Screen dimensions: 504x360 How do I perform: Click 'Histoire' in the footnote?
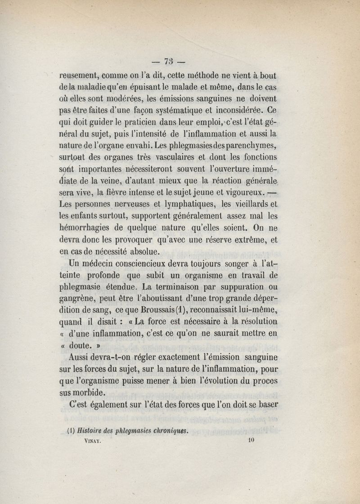point(91,430)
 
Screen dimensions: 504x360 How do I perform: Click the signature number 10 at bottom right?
point(251,442)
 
